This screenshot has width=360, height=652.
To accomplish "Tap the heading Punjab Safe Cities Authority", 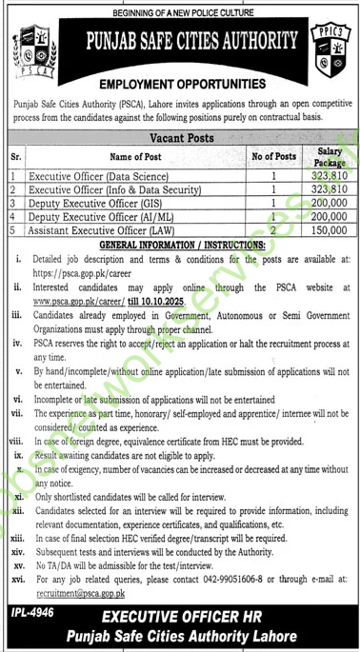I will (180, 45).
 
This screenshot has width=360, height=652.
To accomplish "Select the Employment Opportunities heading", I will (180, 84).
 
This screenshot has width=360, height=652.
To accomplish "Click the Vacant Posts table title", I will (180, 137).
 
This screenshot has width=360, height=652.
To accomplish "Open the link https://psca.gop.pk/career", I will (78, 269).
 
